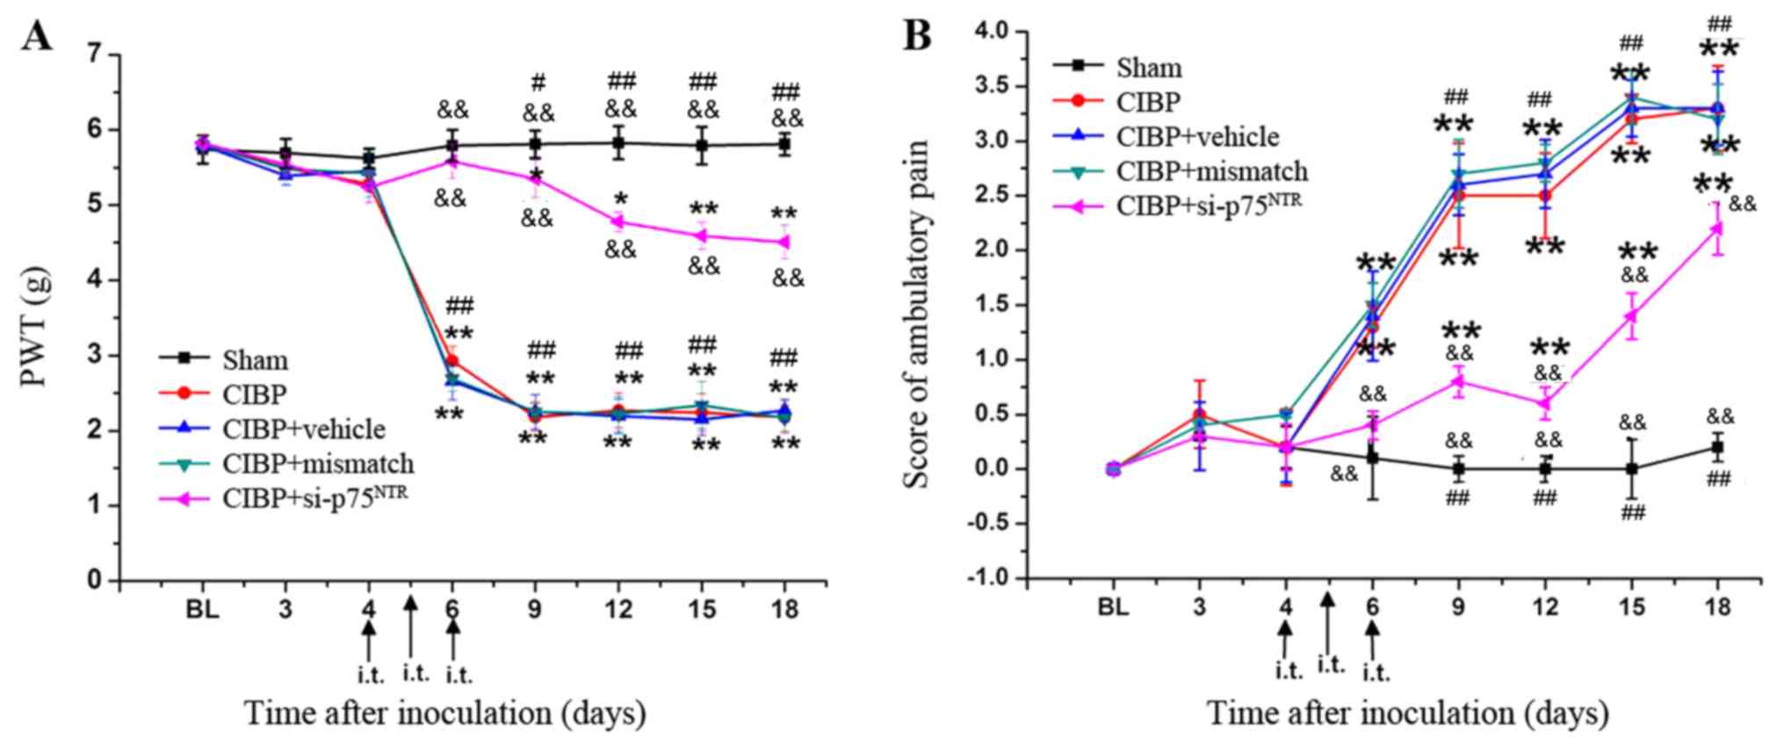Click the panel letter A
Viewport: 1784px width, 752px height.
point(37,36)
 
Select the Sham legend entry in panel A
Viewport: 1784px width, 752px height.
point(255,360)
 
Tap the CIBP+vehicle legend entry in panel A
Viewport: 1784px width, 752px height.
point(303,429)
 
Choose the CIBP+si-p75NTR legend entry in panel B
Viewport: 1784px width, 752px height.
point(1209,204)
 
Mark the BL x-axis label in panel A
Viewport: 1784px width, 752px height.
point(203,610)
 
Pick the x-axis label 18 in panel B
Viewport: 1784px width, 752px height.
point(1717,607)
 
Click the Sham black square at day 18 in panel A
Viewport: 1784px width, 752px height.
point(784,143)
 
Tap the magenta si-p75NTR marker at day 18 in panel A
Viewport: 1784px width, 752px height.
point(784,242)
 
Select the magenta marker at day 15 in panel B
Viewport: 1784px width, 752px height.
point(1631,315)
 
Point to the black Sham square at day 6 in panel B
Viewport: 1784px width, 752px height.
point(1372,458)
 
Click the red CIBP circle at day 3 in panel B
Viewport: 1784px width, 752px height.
point(1200,414)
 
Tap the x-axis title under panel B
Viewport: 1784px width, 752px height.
point(1407,713)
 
